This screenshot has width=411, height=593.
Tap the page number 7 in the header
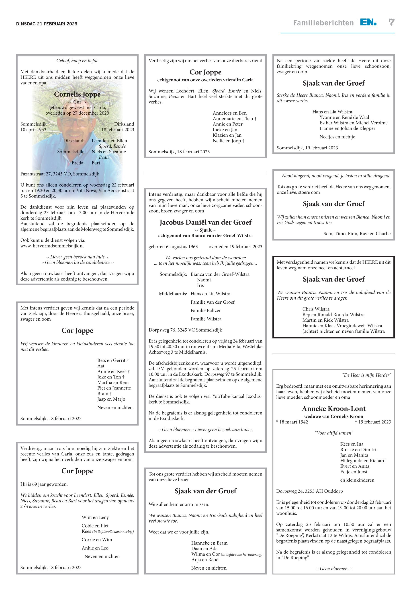[x=391, y=23]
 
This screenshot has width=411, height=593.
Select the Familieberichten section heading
[x=323, y=23]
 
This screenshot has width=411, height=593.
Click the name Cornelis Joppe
[x=77, y=94]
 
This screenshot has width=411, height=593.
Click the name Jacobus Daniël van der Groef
[x=205, y=222]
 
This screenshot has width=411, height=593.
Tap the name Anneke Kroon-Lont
[x=333, y=408]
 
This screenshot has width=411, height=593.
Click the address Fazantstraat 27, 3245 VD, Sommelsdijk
[x=60, y=174]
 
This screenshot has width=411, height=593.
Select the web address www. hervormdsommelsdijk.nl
[x=52, y=246]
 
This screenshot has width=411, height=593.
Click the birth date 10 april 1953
[x=33, y=130]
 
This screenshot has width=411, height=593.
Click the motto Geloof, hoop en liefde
[x=77, y=61]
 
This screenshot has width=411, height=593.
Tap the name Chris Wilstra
[x=316, y=309]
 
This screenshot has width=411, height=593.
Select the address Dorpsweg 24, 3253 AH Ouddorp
[x=310, y=491]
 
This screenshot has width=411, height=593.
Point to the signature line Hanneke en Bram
[x=209, y=543]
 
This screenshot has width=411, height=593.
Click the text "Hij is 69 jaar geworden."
[x=44, y=484]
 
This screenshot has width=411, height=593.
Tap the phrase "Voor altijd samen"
[x=334, y=433]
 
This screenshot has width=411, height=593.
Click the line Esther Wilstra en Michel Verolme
[x=353, y=123]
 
